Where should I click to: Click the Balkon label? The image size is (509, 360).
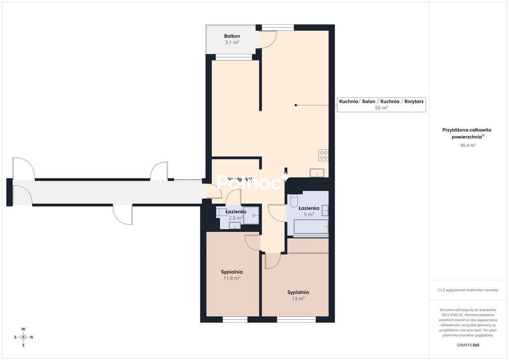point(232,36)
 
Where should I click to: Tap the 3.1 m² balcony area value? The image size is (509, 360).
point(232,43)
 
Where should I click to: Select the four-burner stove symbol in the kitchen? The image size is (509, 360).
point(323,155)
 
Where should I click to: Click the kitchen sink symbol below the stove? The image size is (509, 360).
point(317,173)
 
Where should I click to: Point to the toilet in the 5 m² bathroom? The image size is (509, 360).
point(293,201)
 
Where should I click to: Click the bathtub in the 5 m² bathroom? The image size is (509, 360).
point(310,227)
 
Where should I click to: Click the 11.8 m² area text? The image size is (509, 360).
point(231,278)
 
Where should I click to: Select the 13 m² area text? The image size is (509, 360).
point(298,298)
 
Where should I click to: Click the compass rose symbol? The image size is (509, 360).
point(23,337)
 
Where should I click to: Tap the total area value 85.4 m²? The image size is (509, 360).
point(468,145)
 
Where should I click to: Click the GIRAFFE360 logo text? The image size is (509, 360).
point(468,345)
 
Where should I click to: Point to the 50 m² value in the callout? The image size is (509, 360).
point(381,107)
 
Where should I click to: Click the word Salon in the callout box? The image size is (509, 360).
point(368,101)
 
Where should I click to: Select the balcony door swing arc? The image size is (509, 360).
point(267,40)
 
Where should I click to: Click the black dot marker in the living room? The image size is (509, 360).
point(296,105)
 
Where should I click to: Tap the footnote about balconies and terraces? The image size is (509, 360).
point(468,290)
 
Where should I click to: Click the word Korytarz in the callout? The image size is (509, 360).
point(414,101)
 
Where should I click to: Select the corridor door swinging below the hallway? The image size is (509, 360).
point(123,214)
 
